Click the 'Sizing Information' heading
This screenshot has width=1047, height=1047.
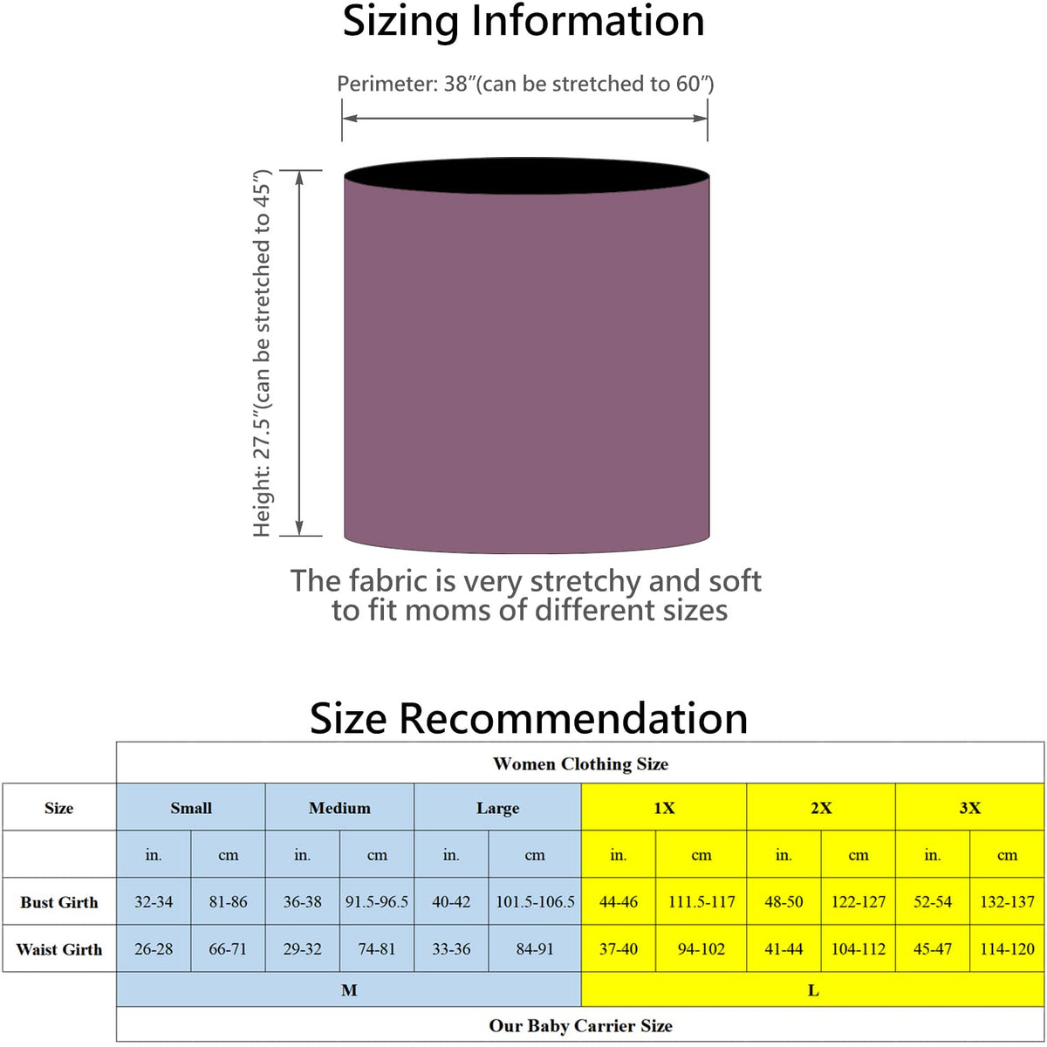coord(523,22)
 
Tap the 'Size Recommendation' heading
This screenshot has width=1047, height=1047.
coord(529,718)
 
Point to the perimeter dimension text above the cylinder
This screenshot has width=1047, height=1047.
coord(525,84)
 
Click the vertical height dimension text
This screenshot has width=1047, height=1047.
coord(263,353)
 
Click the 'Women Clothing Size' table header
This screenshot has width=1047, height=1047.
coord(580,764)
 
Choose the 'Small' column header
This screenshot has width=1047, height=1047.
coord(191,808)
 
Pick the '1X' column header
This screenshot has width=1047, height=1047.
coord(664,808)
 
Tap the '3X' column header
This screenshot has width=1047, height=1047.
coord(969,808)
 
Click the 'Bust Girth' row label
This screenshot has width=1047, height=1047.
coord(59,902)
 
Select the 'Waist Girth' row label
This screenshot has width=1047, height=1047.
coord(59,949)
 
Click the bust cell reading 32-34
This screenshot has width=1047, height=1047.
coord(154,902)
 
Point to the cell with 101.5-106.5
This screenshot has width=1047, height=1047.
coord(535,902)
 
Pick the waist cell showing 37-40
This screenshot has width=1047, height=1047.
coord(619,949)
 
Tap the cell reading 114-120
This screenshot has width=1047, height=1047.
coord(1007,949)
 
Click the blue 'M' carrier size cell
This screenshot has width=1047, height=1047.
coord(349,990)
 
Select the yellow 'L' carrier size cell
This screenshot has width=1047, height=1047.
coord(813,990)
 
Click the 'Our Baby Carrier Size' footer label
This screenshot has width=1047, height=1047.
coord(580,1026)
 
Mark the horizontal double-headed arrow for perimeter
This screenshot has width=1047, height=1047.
coord(524,120)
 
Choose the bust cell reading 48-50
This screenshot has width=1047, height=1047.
coord(784,902)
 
